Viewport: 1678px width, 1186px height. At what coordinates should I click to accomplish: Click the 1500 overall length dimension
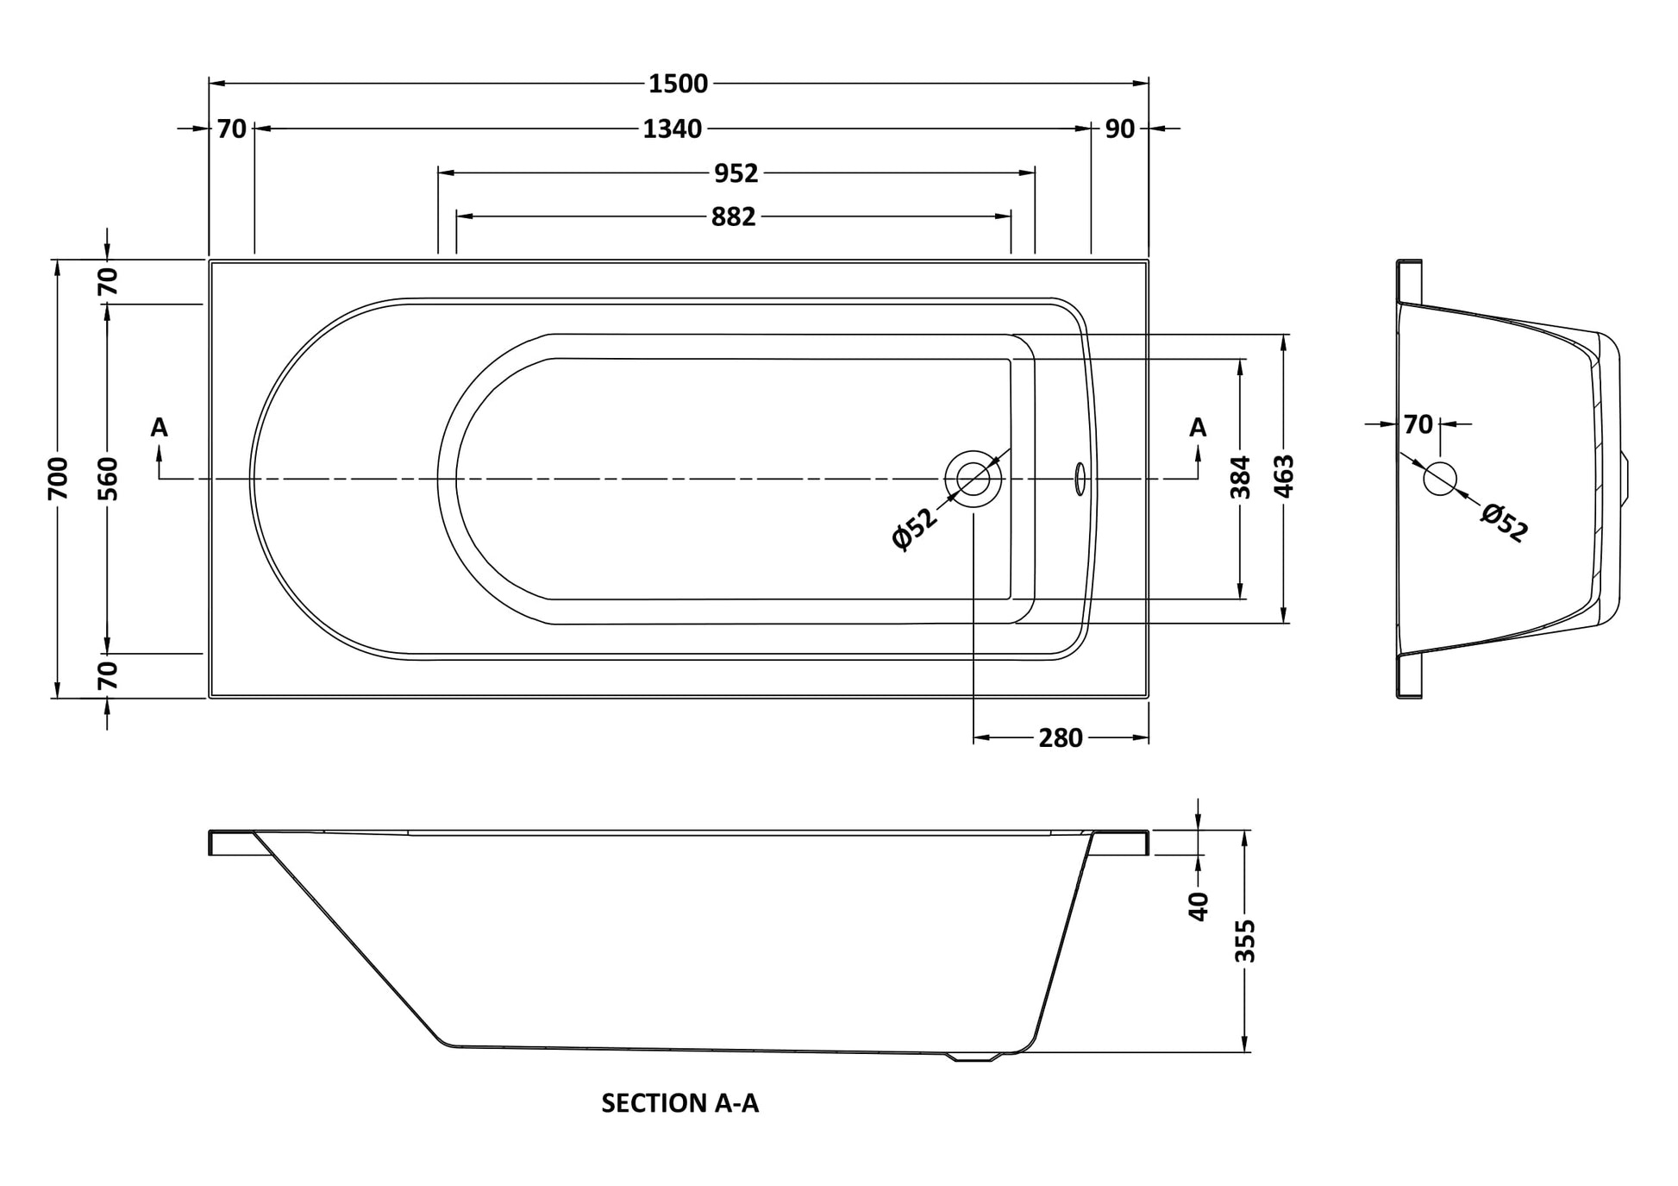point(678,84)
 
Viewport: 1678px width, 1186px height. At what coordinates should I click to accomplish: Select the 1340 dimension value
point(672,129)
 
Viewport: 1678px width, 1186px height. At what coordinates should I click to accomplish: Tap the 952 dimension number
point(736,173)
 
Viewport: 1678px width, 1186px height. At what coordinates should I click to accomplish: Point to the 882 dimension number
point(733,216)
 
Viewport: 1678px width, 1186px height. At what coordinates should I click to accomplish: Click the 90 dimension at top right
point(1119,129)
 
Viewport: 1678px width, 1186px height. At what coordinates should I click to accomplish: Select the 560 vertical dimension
point(108,479)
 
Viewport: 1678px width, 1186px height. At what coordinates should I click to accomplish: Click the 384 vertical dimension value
point(1240,477)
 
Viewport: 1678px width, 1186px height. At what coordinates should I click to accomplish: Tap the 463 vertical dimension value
point(1284,476)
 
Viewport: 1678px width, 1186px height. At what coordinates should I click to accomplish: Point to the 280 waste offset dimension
point(1060,738)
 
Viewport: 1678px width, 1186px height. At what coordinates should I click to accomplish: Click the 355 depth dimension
point(1245,941)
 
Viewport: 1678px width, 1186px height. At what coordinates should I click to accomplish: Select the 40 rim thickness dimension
point(1199,906)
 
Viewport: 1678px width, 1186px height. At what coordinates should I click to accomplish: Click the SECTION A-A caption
point(679,1103)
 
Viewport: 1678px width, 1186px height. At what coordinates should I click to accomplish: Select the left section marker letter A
point(160,427)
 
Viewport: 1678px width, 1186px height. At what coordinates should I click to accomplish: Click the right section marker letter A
point(1198,427)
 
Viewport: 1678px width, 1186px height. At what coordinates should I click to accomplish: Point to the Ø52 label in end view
point(1504,523)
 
